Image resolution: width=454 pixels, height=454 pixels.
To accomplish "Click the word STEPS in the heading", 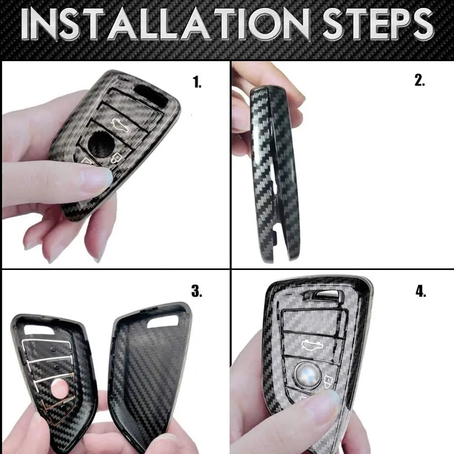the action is tap(378, 24).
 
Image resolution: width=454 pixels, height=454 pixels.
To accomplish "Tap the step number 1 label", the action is tap(197, 82).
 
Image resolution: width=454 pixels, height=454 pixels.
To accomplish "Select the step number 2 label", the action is tap(420, 80).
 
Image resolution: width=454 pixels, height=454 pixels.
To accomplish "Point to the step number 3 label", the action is tap(197, 291).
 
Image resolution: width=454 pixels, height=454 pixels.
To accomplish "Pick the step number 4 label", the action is tap(421, 291).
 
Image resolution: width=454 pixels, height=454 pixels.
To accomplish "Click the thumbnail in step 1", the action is tap(97, 180).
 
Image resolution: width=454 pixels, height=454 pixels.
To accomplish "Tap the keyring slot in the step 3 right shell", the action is tap(163, 322).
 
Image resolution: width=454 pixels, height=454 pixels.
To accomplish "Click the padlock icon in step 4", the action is tap(328, 381).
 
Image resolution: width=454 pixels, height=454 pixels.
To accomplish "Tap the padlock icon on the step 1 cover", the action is tap(116, 158).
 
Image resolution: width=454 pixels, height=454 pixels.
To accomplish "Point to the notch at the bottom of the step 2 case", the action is tap(275, 234).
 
